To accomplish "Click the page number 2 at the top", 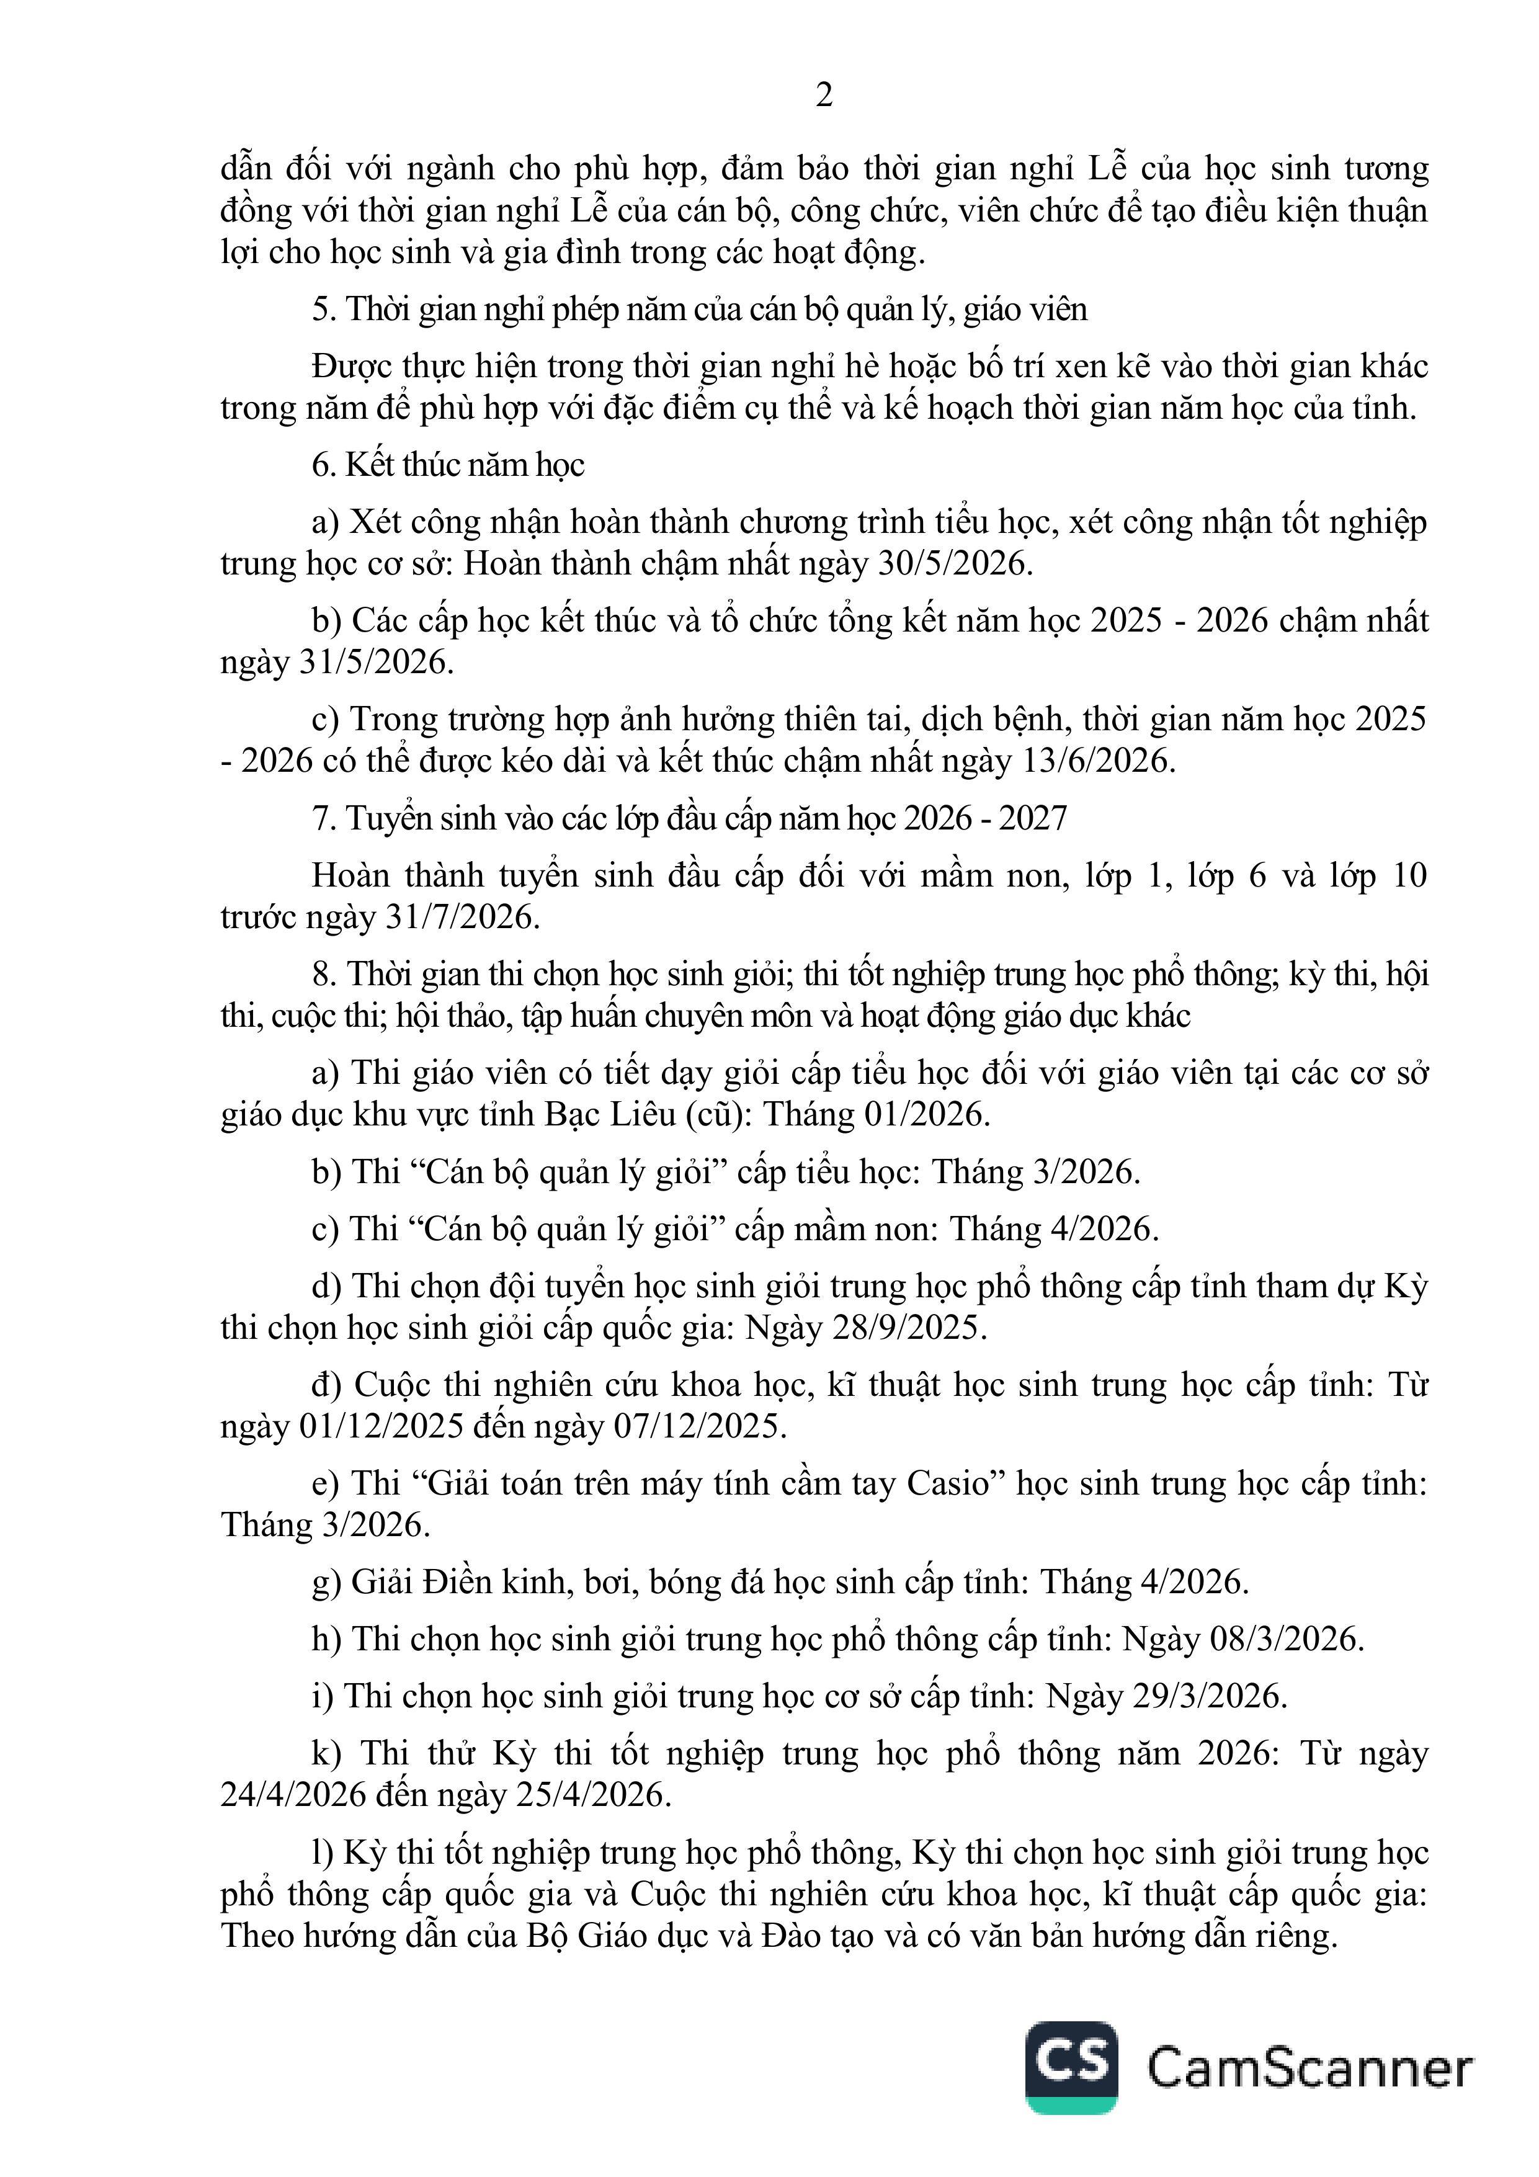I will coord(824,96).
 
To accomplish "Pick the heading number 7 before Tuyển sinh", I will coord(321,818).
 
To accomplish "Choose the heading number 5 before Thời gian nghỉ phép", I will coord(321,310).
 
